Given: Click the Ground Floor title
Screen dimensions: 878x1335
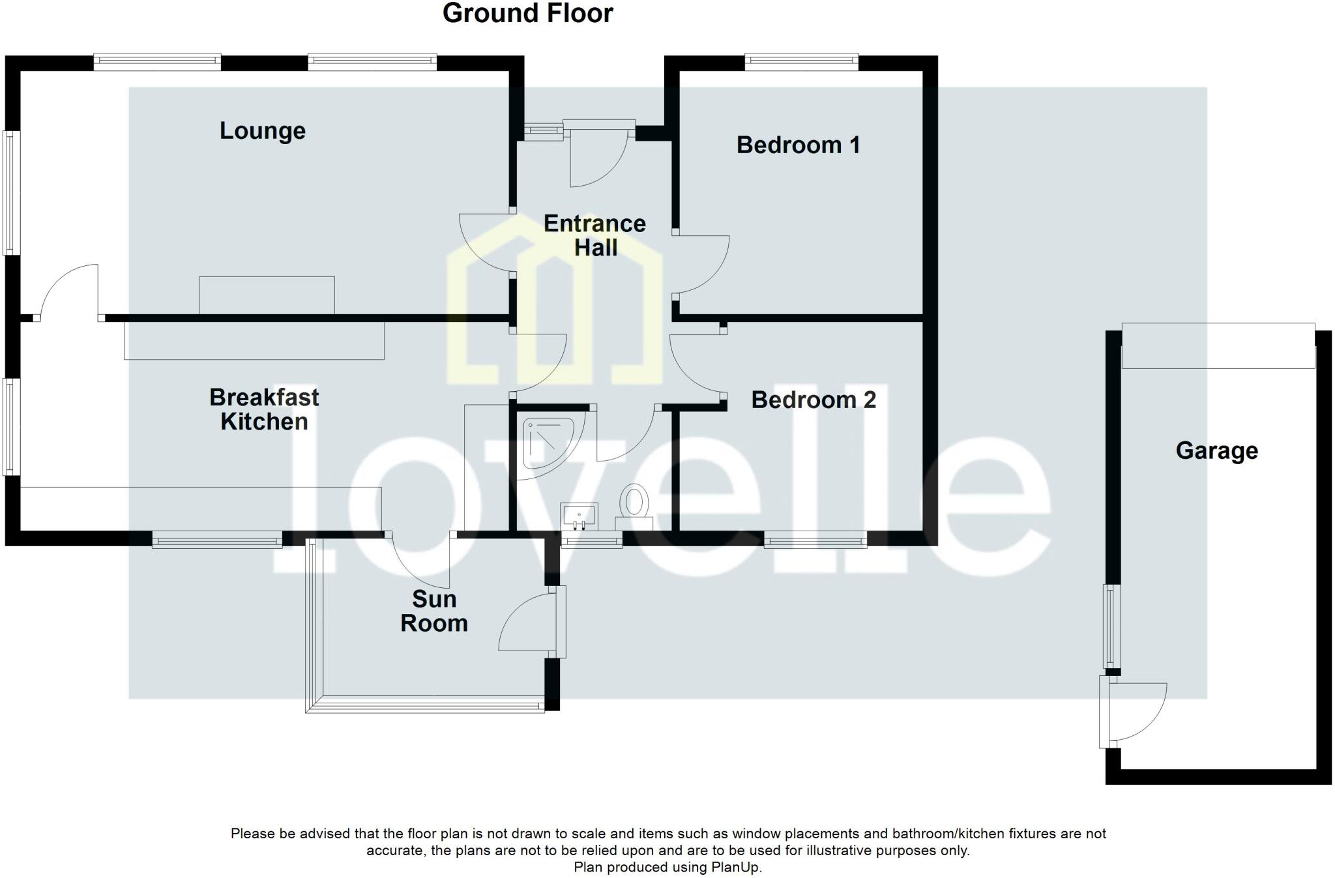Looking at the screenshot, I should [x=527, y=14].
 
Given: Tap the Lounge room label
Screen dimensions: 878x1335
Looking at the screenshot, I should [x=262, y=131].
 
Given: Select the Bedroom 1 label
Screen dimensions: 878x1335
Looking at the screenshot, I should [x=798, y=145].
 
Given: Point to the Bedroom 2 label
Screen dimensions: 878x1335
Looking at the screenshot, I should [x=813, y=400].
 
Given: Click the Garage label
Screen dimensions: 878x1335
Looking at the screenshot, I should [x=1216, y=451].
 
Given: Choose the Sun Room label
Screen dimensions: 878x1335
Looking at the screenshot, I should [x=434, y=611].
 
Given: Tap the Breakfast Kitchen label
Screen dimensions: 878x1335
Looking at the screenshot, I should [x=264, y=409].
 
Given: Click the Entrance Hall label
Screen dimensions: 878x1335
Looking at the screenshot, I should [x=594, y=235].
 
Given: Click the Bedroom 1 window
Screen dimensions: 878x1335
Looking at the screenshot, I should [x=801, y=62].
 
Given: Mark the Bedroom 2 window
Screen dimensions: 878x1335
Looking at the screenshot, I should [x=815, y=540].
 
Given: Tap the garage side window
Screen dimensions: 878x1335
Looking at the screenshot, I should [x=1111, y=626].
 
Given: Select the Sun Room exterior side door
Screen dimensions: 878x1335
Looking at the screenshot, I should [x=528, y=622].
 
